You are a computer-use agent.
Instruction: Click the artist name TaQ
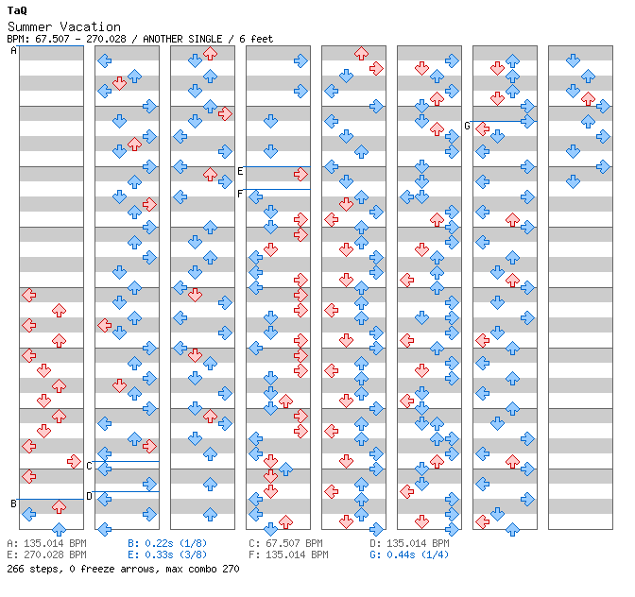pos(16,9)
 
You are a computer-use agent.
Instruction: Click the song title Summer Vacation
pos(63,26)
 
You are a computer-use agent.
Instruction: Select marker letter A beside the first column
pos(13,51)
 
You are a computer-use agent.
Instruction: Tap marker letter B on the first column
pos(13,503)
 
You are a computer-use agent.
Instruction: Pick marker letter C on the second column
pos(89,466)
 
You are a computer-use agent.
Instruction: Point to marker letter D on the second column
pos(89,496)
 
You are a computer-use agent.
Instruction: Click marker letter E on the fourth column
pos(240,171)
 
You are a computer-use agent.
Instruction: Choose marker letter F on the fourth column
pos(240,194)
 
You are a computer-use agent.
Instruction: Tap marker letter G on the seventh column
pos(467,126)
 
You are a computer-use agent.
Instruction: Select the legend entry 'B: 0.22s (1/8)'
pos(167,544)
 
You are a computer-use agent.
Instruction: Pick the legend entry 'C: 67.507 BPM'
pos(285,544)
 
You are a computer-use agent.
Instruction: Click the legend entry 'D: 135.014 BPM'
pos(409,544)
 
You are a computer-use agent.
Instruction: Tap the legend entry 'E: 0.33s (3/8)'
pos(167,555)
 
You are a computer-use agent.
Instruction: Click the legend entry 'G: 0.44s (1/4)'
pos(409,555)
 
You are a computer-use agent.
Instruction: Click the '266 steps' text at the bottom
pos(29,570)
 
